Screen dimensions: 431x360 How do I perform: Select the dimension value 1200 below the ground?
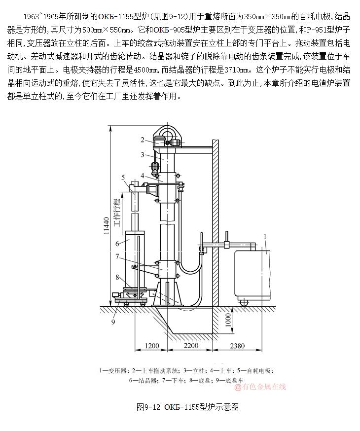pyautogui.click(x=153, y=346)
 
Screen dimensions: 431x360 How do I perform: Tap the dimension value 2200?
pyautogui.click(x=191, y=346)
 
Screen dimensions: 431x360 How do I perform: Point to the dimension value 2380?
pyautogui.click(x=238, y=346)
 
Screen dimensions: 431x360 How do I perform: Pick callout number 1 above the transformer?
pyautogui.click(x=265, y=236)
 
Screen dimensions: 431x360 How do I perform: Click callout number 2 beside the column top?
pyautogui.click(x=142, y=140)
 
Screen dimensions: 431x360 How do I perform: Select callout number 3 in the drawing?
pyautogui.click(x=142, y=155)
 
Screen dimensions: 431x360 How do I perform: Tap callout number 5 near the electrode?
pyautogui.click(x=123, y=177)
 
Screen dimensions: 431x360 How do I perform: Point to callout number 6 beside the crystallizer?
pyautogui.click(x=117, y=243)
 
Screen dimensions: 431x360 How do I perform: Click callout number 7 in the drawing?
pyautogui.click(x=117, y=256)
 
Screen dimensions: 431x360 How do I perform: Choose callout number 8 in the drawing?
pyautogui.click(x=117, y=277)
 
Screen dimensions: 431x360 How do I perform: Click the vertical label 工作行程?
pyautogui.click(x=117, y=212)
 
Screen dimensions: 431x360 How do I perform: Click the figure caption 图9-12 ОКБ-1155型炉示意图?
pyautogui.click(x=187, y=407)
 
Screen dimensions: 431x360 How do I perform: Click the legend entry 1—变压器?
pyautogui.click(x=113, y=370)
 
